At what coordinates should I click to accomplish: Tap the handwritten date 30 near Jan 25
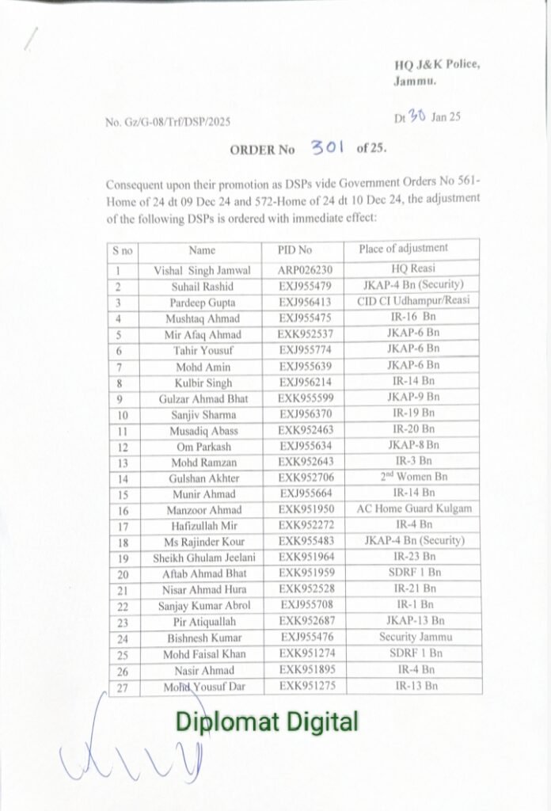point(417,117)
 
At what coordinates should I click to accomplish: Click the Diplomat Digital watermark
point(267,722)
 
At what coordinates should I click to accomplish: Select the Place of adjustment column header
point(403,249)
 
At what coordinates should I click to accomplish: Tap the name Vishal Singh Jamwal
point(202,270)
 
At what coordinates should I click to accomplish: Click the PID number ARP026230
point(305,270)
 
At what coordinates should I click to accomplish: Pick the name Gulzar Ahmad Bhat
point(202,398)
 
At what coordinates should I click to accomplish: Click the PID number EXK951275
point(305,685)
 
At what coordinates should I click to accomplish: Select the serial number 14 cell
point(123,478)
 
